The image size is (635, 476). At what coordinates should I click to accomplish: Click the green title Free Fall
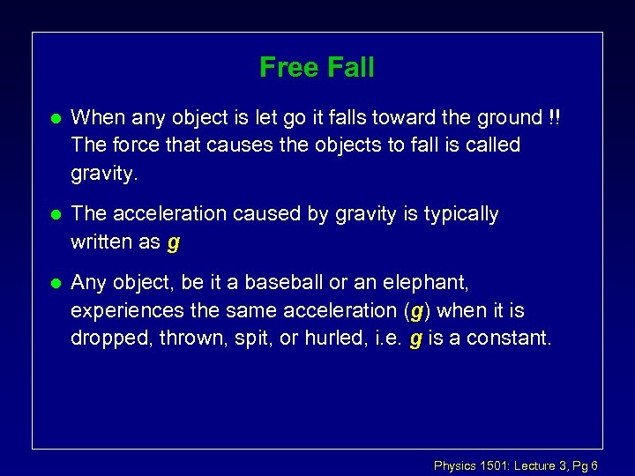[317, 67]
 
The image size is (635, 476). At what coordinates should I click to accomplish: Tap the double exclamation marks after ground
[553, 117]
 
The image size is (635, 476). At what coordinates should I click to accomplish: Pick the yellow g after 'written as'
[173, 242]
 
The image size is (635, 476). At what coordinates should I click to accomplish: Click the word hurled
[330, 337]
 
